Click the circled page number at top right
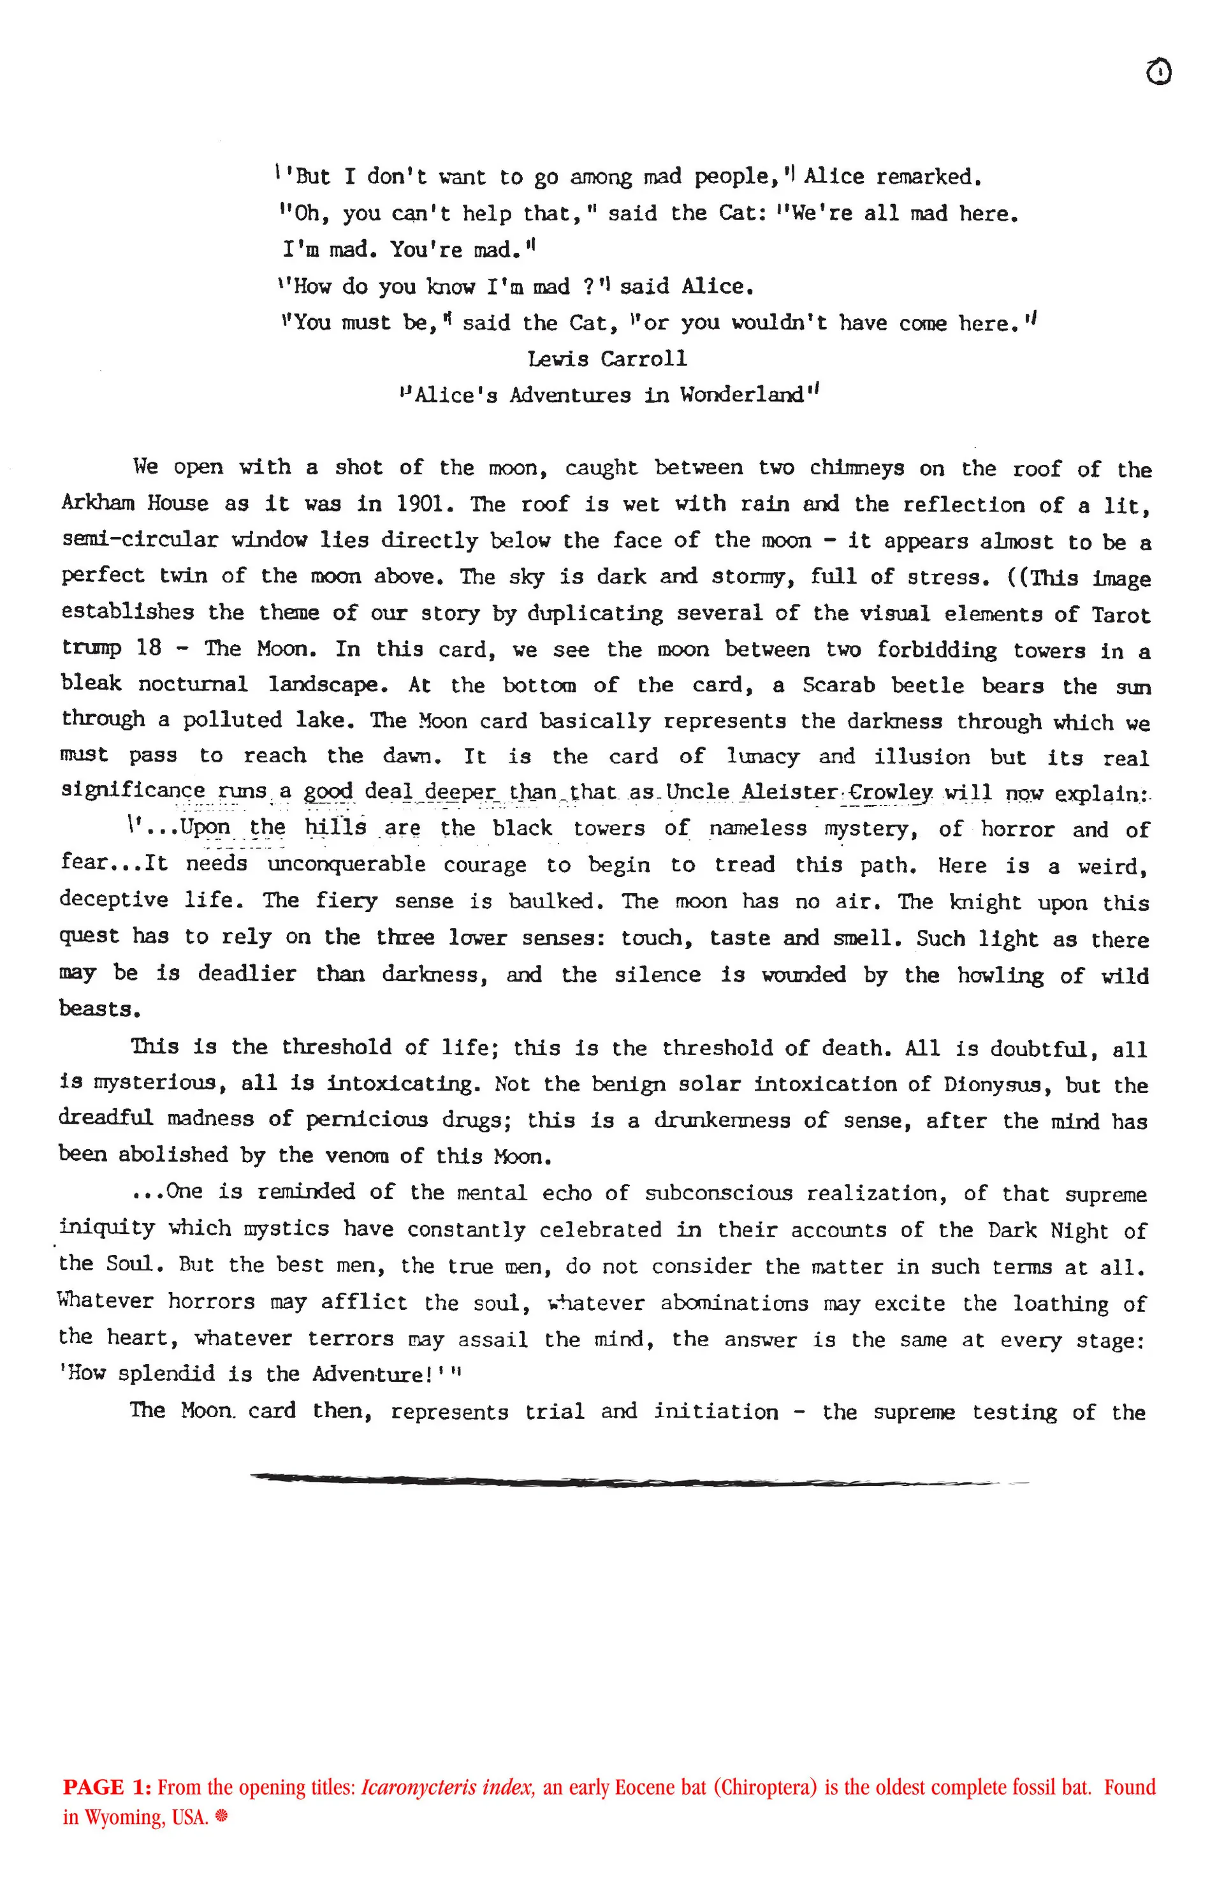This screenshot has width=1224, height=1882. coord(1158,72)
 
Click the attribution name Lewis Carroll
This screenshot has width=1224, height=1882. coord(608,359)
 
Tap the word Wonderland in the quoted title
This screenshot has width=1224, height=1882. coord(741,395)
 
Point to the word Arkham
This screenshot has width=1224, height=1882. coord(98,504)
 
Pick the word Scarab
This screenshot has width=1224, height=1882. coord(838,685)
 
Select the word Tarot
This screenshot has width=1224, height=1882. coord(1121,614)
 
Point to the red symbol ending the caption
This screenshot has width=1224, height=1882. coord(221,1817)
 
